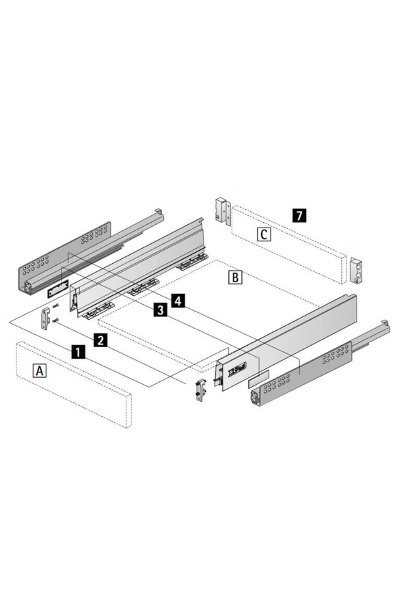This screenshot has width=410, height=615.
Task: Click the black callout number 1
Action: [78, 351]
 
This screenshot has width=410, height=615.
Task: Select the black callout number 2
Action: [100, 340]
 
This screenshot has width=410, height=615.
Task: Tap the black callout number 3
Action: [160, 310]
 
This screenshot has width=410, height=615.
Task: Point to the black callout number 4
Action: [178, 301]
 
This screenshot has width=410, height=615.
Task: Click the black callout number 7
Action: [299, 215]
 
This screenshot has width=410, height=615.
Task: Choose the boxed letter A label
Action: [39, 370]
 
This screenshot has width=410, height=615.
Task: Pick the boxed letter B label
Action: [235, 277]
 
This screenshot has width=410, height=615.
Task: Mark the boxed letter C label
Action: [264, 234]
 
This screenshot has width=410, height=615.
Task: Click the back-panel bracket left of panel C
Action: [221, 211]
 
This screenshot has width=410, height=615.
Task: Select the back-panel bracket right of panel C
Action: [356, 270]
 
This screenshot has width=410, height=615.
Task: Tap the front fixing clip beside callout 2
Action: [46, 318]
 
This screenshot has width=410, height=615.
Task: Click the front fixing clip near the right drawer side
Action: [200, 389]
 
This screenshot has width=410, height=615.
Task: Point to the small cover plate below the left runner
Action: [57, 288]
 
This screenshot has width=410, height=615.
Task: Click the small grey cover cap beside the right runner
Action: [258, 378]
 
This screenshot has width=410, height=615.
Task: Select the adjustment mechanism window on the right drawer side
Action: [237, 368]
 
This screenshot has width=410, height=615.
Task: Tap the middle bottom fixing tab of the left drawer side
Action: [142, 287]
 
